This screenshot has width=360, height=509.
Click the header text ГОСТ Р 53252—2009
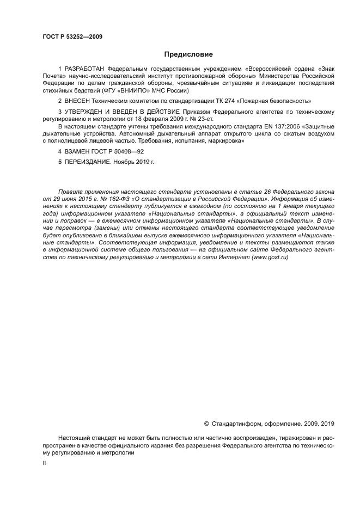(72, 37)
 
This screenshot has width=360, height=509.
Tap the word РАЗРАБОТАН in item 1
(84, 70)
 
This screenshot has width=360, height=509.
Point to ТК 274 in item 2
(221, 101)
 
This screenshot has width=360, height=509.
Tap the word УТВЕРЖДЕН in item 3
(85, 112)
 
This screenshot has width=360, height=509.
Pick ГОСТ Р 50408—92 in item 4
(119, 151)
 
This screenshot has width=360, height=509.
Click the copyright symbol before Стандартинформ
(206, 423)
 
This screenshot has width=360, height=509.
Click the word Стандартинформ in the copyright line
(236, 423)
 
